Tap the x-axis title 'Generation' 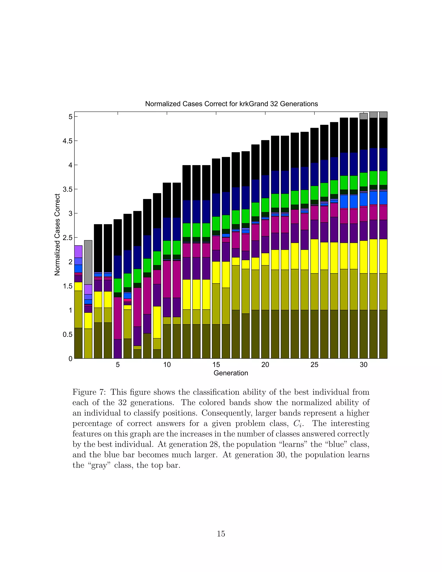click(x=231, y=373)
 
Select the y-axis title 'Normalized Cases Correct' click(x=57, y=235)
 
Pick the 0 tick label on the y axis click(x=70, y=359)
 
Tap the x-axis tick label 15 click(x=216, y=365)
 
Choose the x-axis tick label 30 click(x=363, y=365)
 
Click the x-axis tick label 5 click(x=118, y=365)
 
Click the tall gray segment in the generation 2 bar click(x=88, y=262)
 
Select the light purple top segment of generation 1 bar click(x=78, y=251)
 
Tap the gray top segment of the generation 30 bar click(x=363, y=116)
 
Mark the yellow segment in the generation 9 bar click(x=157, y=322)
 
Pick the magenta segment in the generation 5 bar click(x=118, y=318)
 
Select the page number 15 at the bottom click(x=221, y=534)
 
